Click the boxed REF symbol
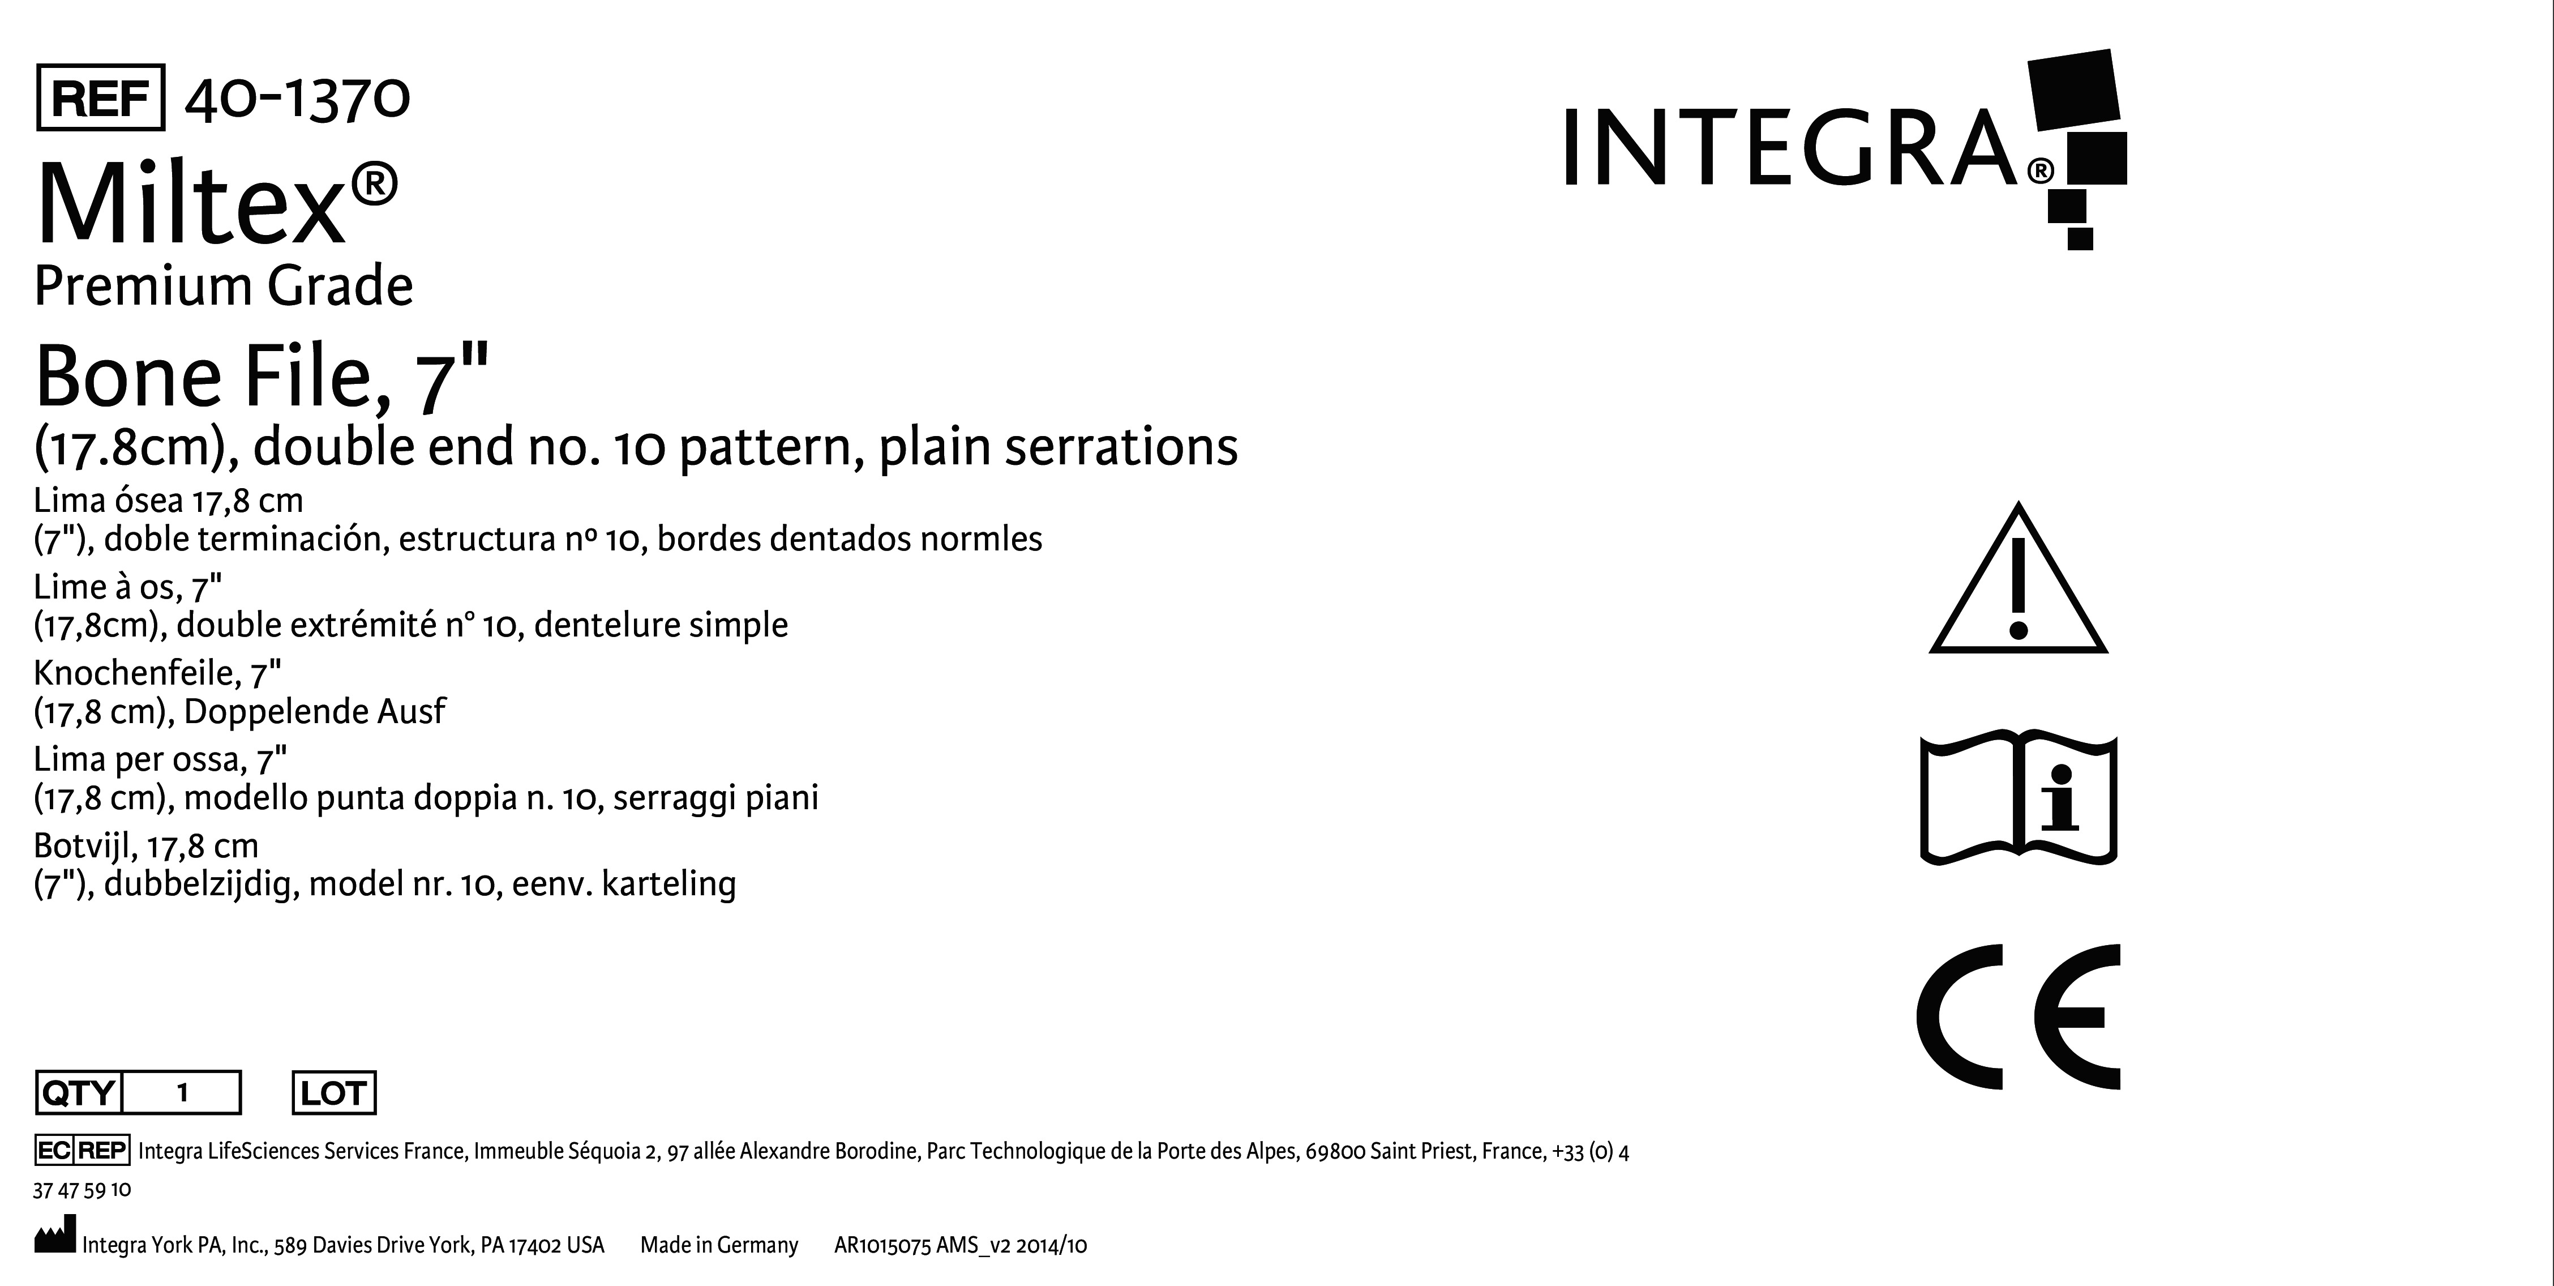(x=100, y=97)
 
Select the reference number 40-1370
(x=297, y=98)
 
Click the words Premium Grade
(x=223, y=287)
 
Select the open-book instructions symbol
(x=2019, y=799)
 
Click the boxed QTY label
(x=78, y=1093)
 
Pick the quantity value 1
(x=182, y=1093)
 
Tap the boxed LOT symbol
(x=334, y=1093)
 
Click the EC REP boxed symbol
(x=82, y=1150)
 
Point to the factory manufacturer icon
(x=54, y=1240)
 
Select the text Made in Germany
(x=719, y=1245)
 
